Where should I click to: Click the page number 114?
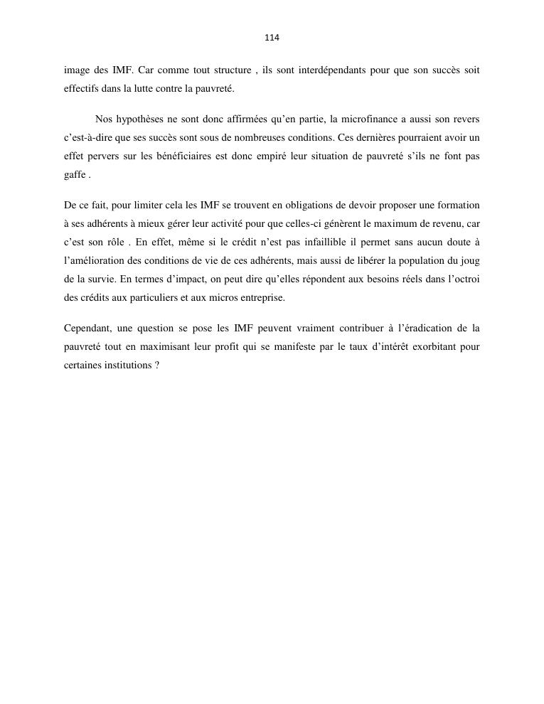(272, 38)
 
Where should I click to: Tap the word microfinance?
(373, 119)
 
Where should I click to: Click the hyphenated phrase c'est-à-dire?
(87, 138)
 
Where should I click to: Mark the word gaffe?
(75, 175)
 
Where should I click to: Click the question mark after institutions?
(156, 366)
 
